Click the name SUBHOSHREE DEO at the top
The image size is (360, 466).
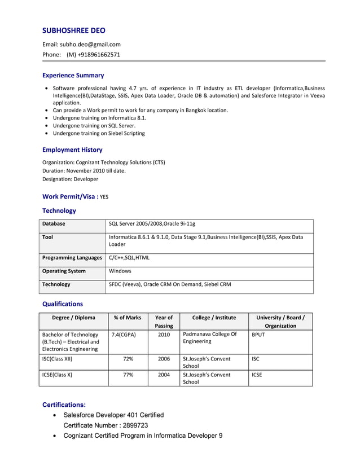(74, 30)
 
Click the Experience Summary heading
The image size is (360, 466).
(73, 75)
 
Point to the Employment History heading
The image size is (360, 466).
(72, 150)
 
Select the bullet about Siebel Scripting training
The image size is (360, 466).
(99, 133)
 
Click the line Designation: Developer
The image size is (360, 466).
(70, 179)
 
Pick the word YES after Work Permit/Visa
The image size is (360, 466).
(104, 197)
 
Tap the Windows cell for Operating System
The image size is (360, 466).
(120, 271)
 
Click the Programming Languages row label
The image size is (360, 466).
(72, 257)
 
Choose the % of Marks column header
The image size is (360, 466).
(128, 318)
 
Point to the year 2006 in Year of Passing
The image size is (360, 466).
(164, 359)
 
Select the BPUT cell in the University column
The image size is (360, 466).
(258, 335)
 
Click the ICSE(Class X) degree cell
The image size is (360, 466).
(58, 375)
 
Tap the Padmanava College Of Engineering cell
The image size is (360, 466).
(209, 338)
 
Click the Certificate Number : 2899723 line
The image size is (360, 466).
(106, 425)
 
